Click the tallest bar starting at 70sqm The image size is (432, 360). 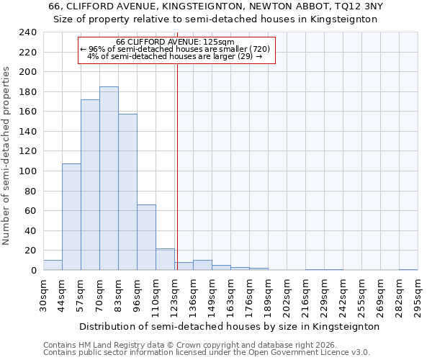click(x=109, y=179)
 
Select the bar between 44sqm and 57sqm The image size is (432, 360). click(x=71, y=217)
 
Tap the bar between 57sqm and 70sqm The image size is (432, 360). click(x=90, y=185)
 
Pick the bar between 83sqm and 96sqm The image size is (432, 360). click(x=127, y=192)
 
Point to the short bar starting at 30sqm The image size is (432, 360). click(x=53, y=265)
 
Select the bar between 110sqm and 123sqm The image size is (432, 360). click(x=165, y=259)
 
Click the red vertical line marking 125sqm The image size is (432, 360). click(x=177, y=166)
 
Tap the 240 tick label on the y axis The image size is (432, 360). click(x=27, y=32)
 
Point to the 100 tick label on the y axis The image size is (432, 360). click(x=27, y=171)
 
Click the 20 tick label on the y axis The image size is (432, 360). click(x=30, y=251)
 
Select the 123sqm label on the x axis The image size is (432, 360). click(x=174, y=294)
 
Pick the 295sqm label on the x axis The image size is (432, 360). click(x=418, y=294)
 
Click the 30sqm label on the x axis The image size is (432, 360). click(x=43, y=294)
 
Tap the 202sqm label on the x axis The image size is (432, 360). click(x=287, y=294)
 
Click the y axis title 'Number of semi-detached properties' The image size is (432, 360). click(x=6, y=156)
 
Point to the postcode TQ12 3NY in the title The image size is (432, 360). click(x=356, y=6)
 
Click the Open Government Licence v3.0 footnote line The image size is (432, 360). click(x=206, y=353)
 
